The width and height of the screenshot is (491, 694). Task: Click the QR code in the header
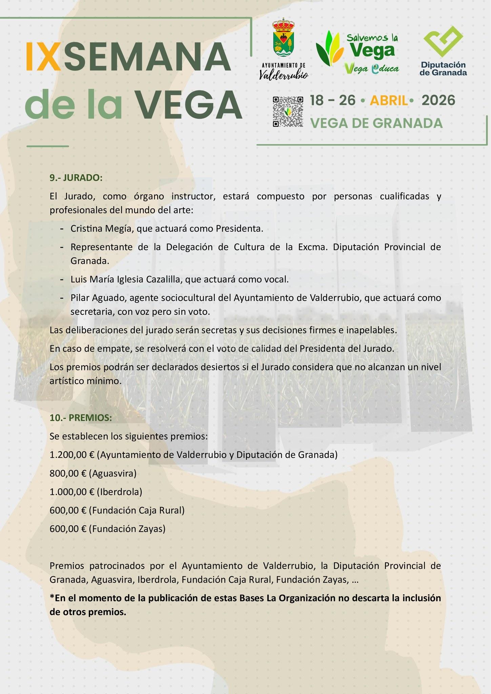[x=288, y=111]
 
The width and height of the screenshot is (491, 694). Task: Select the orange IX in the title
[x=44, y=56]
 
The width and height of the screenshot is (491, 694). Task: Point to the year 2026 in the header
[x=438, y=100]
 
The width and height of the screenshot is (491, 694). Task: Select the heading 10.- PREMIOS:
[x=81, y=418]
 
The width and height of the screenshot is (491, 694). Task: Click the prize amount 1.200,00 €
[x=71, y=455]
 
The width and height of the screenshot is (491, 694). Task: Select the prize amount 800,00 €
[x=68, y=473]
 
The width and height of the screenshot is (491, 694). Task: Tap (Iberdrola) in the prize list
[x=119, y=492]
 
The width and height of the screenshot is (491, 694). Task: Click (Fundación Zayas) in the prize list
[x=127, y=529]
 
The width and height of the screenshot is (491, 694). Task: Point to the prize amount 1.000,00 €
[x=71, y=492]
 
